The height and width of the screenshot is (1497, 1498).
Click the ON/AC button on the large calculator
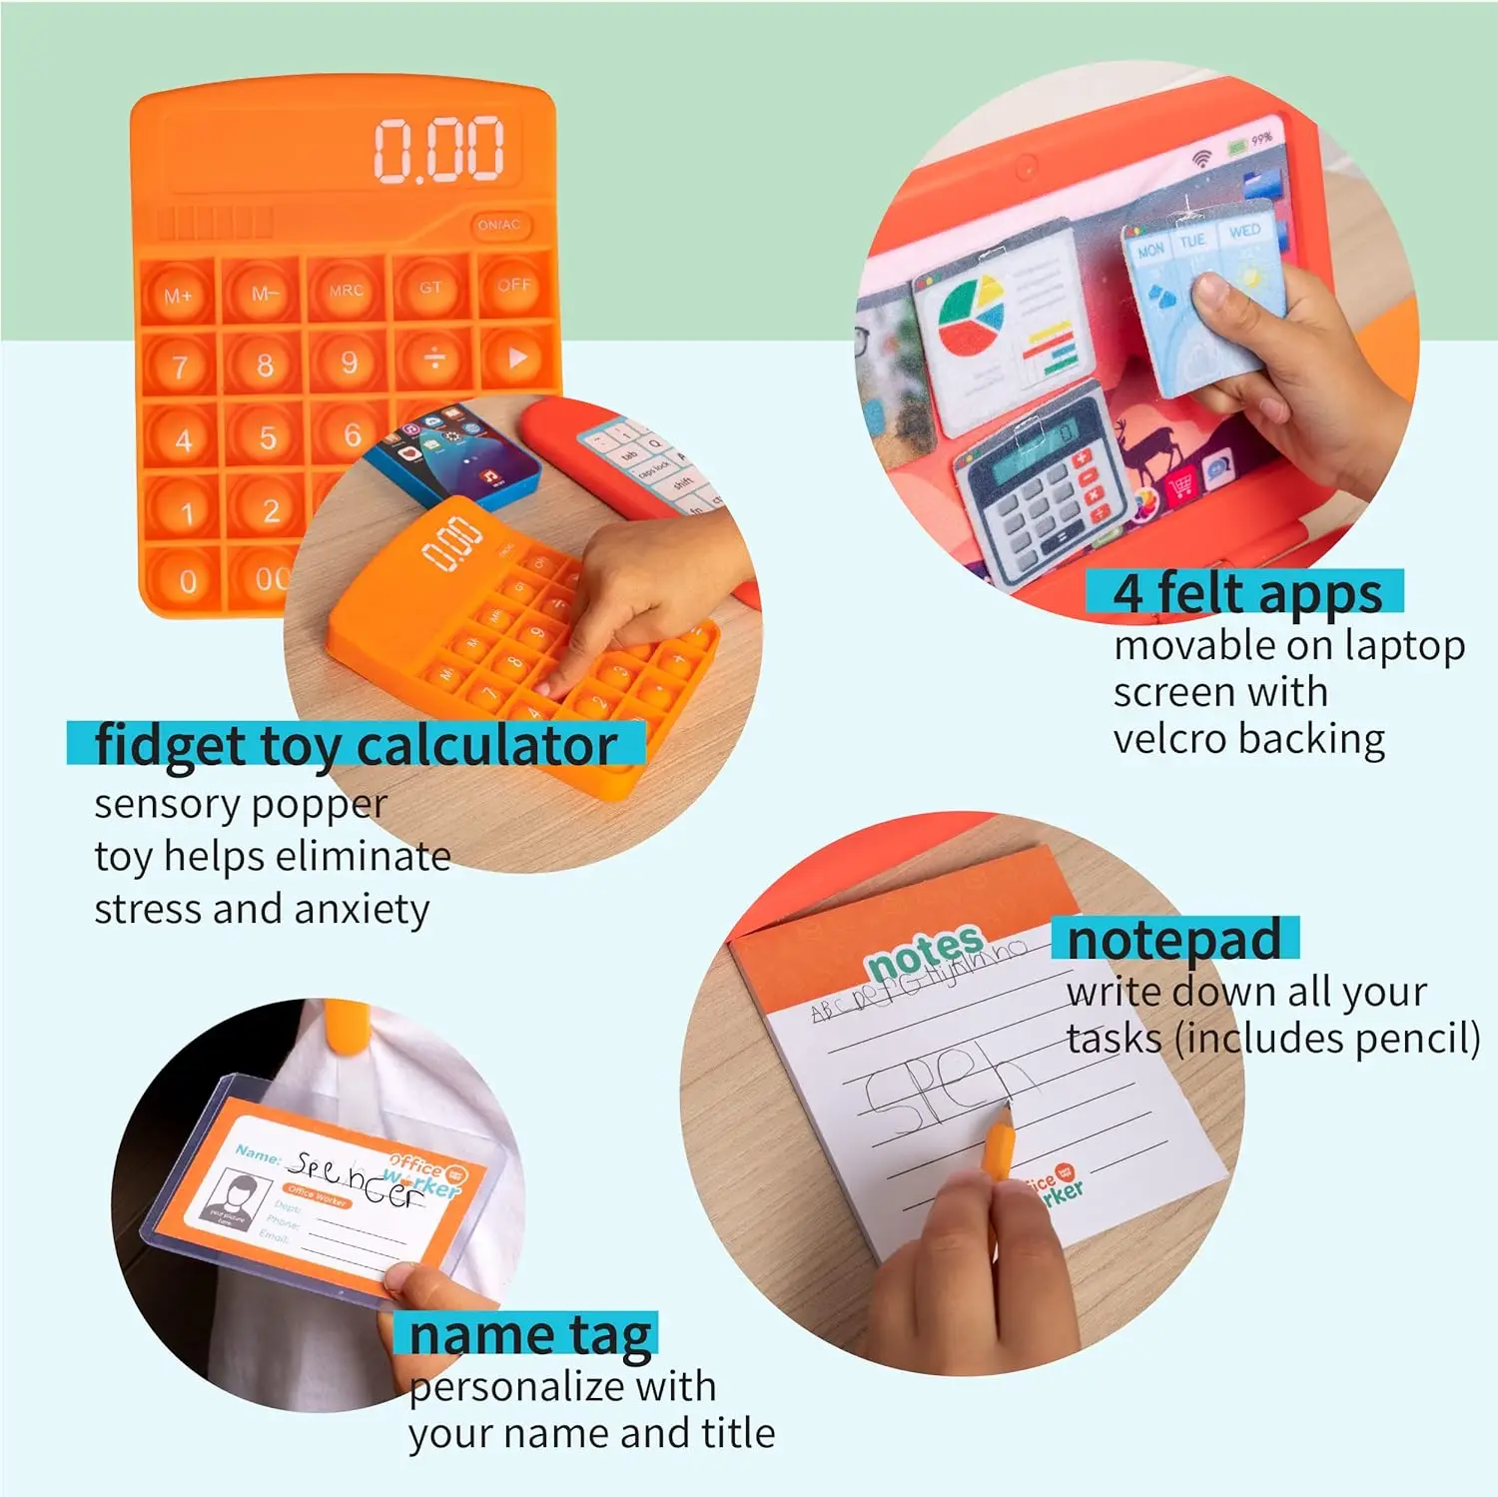point(498,226)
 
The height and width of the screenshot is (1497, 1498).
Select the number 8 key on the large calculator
point(264,365)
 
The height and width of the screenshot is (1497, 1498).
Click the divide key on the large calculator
point(433,360)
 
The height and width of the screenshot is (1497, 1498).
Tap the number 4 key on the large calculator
point(183,439)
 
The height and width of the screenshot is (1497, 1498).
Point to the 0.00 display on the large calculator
point(438,150)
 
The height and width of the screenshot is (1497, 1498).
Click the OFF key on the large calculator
point(514,286)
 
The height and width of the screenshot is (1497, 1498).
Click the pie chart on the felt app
point(970,316)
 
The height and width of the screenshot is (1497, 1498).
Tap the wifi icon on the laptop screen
point(1202,158)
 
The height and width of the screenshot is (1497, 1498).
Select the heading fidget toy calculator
point(356,746)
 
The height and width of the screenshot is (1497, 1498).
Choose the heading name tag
point(529,1335)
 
